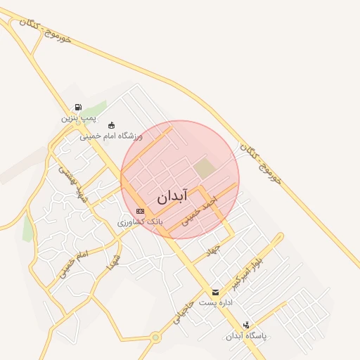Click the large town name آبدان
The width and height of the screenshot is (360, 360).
[169, 197]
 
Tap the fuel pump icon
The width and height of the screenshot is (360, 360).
[77, 108]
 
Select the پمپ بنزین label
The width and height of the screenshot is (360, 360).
[77, 118]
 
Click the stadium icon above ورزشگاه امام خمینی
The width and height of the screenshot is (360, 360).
[111, 125]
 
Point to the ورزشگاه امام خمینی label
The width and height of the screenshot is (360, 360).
[111, 135]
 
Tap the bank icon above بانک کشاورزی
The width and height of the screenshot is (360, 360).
[140, 211]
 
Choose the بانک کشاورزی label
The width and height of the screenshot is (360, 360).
[140, 221]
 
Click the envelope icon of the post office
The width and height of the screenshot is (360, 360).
[215, 292]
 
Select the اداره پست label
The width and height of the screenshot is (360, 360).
[215, 302]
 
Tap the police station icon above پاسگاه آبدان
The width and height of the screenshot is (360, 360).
[246, 325]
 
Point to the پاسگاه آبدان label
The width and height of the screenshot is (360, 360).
[246, 335]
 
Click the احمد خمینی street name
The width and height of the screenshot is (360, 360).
[200, 210]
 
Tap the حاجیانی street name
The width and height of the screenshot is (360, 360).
[183, 314]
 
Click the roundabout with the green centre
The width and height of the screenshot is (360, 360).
[155, 338]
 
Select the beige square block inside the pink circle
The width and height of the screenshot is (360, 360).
[204, 169]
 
